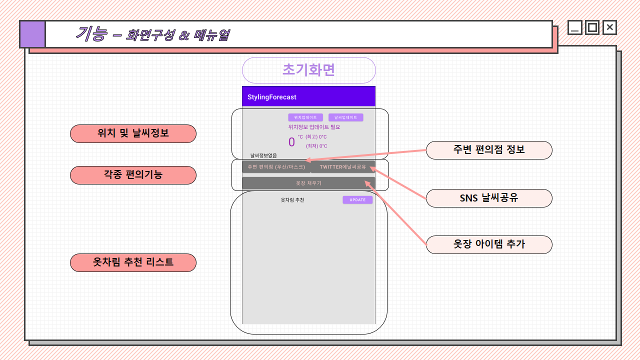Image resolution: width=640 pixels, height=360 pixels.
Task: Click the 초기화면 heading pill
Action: [x=308, y=70]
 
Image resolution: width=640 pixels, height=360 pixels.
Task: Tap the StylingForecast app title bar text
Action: [x=272, y=97]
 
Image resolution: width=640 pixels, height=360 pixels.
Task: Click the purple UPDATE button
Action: [x=357, y=200]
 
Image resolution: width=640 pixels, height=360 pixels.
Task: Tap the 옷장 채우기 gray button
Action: [x=308, y=183]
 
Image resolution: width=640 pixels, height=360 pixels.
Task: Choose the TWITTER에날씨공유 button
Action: [x=343, y=167]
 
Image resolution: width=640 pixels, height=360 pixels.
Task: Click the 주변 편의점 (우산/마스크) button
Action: [x=276, y=167]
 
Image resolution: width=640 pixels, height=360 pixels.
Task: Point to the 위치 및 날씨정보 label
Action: [x=133, y=133]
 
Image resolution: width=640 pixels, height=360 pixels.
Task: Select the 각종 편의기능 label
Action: [x=133, y=175]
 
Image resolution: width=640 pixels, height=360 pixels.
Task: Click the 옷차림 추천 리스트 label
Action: [x=133, y=262]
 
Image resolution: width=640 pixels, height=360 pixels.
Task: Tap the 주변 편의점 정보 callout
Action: [x=489, y=150]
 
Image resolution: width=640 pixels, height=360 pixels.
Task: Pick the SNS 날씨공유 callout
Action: [x=489, y=198]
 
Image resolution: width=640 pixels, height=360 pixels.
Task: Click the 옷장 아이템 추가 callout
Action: [x=489, y=244]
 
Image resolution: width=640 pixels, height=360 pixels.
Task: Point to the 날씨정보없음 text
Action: [x=263, y=155]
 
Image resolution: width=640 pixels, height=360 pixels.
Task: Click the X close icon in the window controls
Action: [x=609, y=27]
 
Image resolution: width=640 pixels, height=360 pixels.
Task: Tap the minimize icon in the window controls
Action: [x=575, y=27]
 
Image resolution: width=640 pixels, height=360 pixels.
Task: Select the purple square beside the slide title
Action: [x=33, y=34]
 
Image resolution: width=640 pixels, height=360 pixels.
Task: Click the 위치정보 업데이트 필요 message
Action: [x=314, y=127]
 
